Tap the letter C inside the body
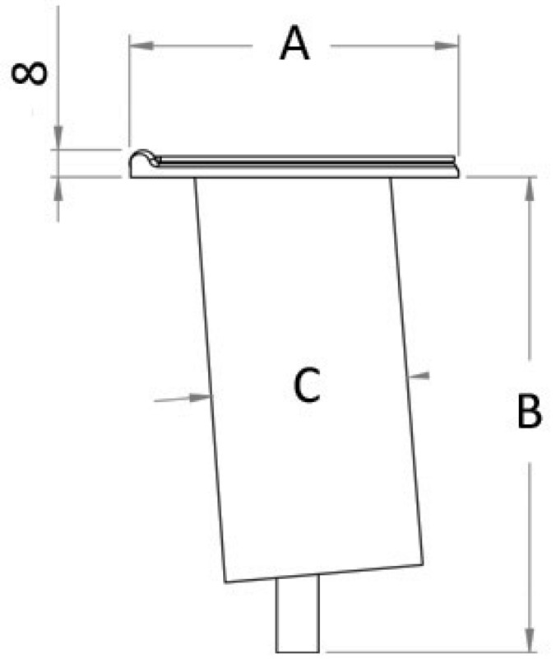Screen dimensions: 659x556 click(306, 386)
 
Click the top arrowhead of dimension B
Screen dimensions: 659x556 click(529, 185)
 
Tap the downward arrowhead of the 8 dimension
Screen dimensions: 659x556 click(58, 142)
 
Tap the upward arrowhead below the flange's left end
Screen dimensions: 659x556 click(58, 185)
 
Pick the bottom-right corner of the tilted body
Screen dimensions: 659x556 click(424, 566)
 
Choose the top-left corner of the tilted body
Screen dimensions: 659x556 click(195, 179)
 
